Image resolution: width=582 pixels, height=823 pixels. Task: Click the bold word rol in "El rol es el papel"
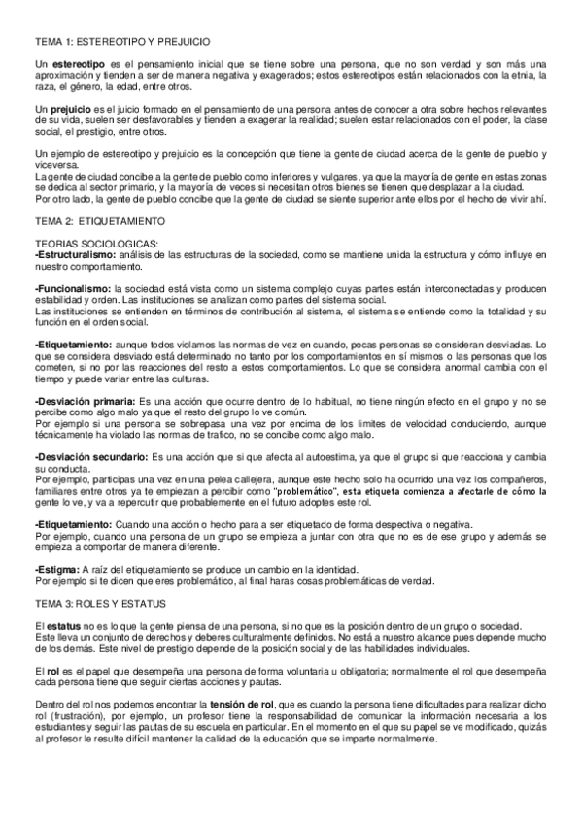tap(52, 671)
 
